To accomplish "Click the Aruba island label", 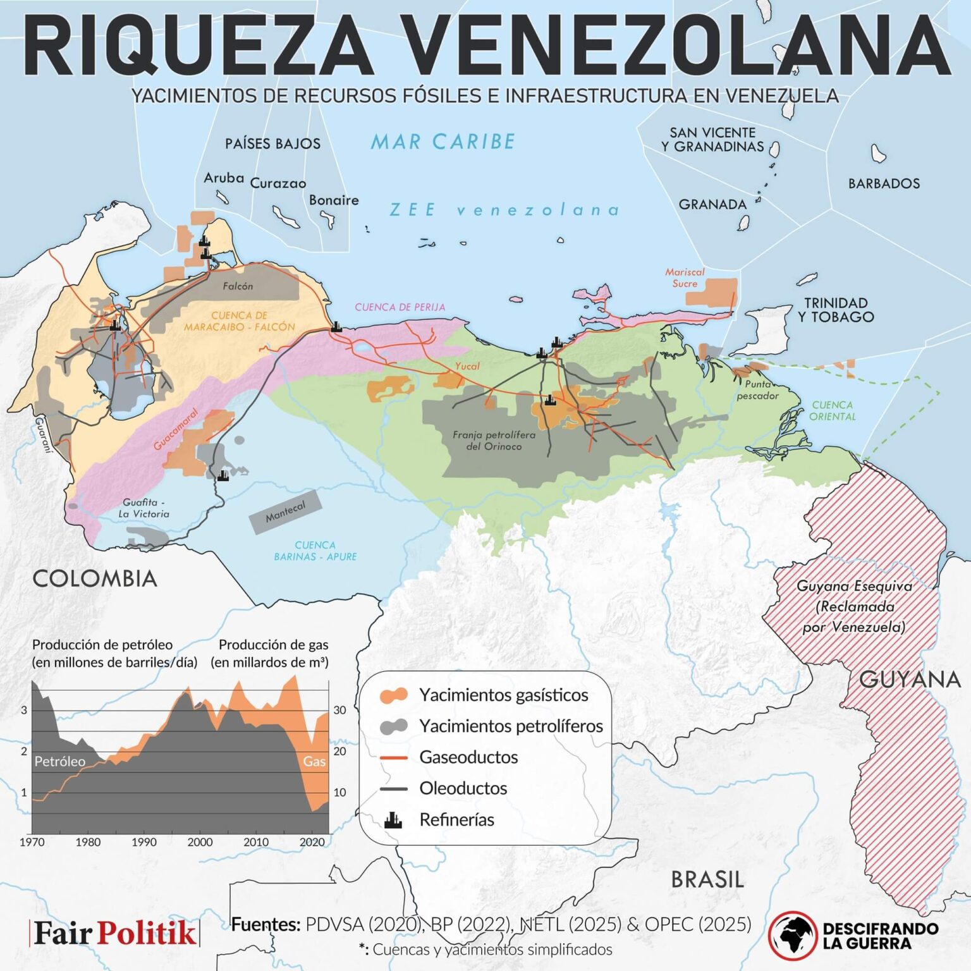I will click(x=224, y=178).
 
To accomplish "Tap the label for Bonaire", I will click(x=334, y=200).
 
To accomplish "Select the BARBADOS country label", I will click(x=884, y=184).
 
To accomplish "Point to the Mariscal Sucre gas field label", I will click(x=685, y=278).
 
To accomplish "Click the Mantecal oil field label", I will click(x=286, y=512).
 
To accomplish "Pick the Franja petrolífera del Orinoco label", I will click(x=494, y=441).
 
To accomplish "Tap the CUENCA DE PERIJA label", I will click(x=400, y=307).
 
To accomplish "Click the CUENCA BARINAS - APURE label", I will click(x=315, y=551).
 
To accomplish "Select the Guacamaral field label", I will click(x=176, y=430).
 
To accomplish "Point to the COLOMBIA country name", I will click(x=95, y=578).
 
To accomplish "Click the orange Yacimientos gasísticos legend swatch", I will click(x=393, y=695).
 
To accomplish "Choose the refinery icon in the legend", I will click(x=393, y=820).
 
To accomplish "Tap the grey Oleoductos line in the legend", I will click(x=393, y=789).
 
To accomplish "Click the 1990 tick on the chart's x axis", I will click(x=144, y=842).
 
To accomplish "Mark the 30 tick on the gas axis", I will click(x=340, y=710).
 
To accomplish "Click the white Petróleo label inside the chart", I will click(x=59, y=762).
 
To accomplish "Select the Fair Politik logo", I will click(x=114, y=933).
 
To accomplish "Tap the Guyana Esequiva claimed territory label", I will click(x=854, y=606).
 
